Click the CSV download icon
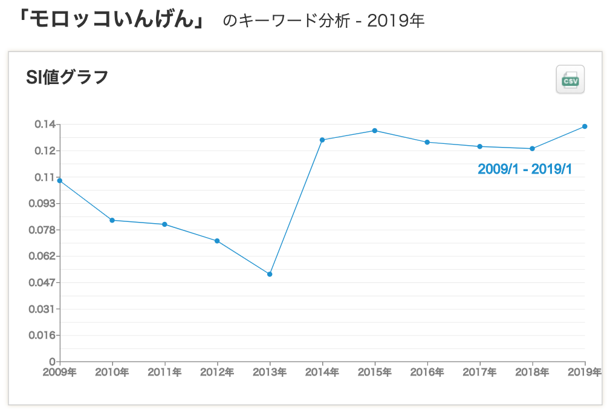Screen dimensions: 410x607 click(x=570, y=79)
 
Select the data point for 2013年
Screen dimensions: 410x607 click(x=270, y=275)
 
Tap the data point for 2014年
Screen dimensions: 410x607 click(x=322, y=140)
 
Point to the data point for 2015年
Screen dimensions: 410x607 click(x=375, y=131)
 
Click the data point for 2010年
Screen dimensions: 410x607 click(x=112, y=220)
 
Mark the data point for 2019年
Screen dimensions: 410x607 click(x=585, y=126)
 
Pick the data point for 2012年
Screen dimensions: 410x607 click(x=217, y=241)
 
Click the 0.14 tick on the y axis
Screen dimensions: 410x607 click(x=45, y=125)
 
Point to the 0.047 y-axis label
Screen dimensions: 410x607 click(x=43, y=282)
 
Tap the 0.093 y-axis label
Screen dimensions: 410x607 click(x=43, y=204)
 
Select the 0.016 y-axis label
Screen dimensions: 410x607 click(x=43, y=335)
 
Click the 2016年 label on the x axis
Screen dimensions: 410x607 click(x=427, y=372)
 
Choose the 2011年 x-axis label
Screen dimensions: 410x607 click(x=164, y=372)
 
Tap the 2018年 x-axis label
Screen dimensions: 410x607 click(x=532, y=372)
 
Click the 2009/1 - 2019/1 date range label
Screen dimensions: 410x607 click(x=525, y=169)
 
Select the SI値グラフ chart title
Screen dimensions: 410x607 click(x=67, y=77)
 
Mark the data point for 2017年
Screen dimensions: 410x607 click(x=479, y=146)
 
